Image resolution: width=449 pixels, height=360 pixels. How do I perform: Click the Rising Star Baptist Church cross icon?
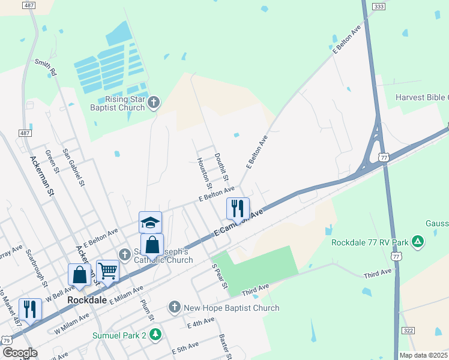153,102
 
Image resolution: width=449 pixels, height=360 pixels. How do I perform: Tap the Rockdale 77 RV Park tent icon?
417,242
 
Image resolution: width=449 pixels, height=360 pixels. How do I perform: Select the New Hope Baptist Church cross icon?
175,308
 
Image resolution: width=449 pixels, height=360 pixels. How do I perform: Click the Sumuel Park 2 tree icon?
155,334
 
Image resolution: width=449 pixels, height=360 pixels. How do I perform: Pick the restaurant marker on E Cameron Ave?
238,208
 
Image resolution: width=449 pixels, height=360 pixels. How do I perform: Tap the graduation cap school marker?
150,223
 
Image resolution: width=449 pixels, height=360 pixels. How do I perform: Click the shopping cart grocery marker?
107,271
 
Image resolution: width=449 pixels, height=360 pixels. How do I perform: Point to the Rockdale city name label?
86,299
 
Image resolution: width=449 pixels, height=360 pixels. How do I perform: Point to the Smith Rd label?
46,67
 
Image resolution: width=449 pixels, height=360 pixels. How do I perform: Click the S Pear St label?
218,275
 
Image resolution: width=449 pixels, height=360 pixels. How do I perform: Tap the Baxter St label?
226,346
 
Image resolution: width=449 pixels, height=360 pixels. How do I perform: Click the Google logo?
20,353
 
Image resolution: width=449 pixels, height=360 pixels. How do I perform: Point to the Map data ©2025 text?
424,355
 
